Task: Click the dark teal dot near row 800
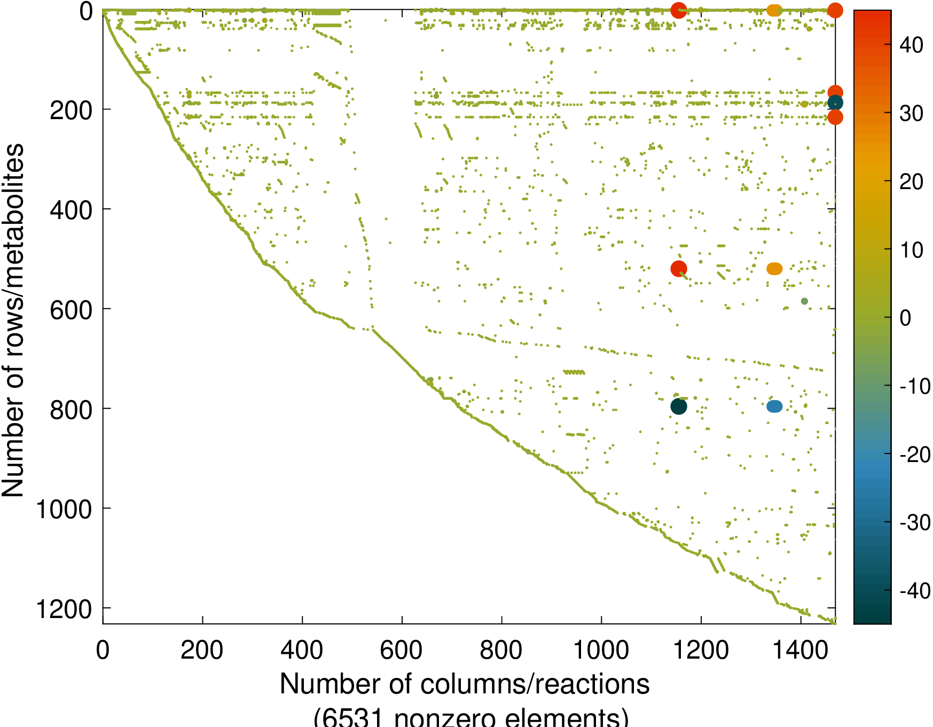678,407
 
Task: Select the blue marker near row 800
774,407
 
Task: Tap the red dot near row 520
678,269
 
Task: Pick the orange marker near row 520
774,269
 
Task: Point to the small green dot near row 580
804,301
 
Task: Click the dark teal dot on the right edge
835,103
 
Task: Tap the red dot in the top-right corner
835,10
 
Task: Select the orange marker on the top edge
774,10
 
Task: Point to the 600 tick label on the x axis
401,650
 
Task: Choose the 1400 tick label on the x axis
801,650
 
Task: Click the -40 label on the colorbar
915,591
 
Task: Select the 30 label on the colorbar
911,113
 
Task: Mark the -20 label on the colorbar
915,455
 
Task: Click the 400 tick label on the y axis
71,210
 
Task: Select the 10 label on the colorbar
911,250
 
